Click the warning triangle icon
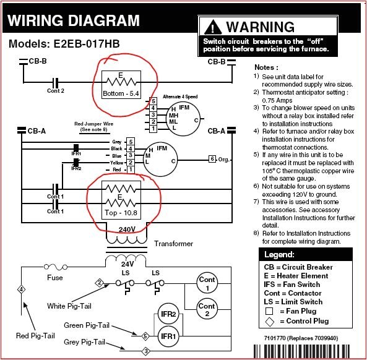pos(213,27)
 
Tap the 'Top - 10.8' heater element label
pos(121,212)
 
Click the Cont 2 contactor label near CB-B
pos(56,91)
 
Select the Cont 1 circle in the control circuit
pos(206,283)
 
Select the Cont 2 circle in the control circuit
pos(206,309)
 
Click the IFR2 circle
pos(165,314)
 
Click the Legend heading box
pos(306,254)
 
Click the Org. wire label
pos(224,159)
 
